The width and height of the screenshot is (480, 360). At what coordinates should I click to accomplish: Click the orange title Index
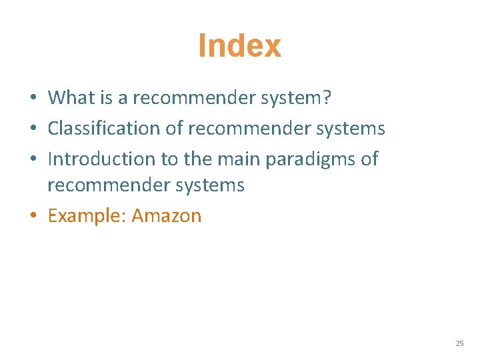[x=239, y=46]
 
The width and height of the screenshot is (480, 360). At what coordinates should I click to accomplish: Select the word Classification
[x=105, y=128]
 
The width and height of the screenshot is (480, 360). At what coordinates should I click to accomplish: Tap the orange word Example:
[x=87, y=216]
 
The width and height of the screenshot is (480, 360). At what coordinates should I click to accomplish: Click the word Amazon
[x=167, y=216]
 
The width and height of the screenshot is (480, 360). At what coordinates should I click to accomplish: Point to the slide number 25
[x=459, y=343]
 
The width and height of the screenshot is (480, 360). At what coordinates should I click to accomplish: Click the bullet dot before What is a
[x=32, y=99]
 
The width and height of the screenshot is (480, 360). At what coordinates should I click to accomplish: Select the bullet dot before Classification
[x=32, y=129]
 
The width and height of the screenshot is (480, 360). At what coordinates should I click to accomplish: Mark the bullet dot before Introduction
[x=32, y=159]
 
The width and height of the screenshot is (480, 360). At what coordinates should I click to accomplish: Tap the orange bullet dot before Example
[x=32, y=217]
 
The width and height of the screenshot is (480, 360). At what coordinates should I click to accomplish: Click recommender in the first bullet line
[x=189, y=98]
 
